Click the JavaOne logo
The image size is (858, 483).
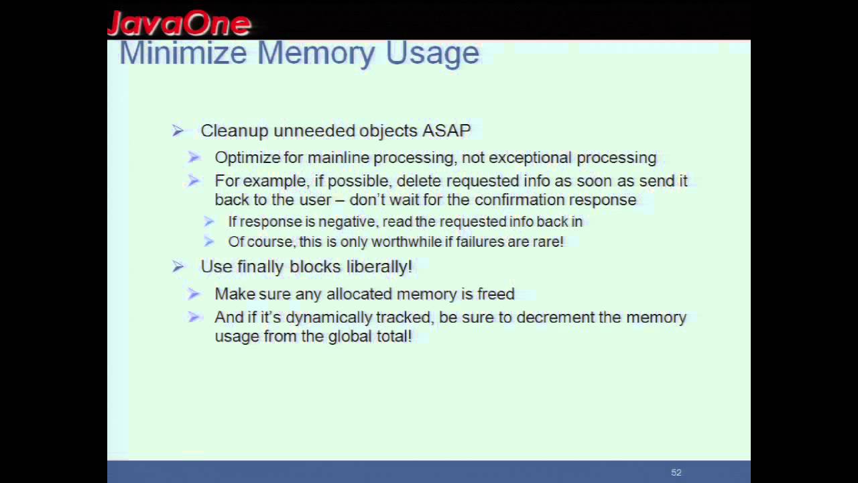tap(179, 23)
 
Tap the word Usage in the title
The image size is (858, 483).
tap(432, 53)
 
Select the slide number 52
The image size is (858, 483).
tap(676, 472)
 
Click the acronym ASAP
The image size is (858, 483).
tap(446, 130)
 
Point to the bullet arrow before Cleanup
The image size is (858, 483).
tap(178, 131)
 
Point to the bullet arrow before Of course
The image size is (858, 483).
tap(209, 241)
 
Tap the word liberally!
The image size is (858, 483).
tap(379, 266)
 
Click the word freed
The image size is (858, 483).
tap(496, 294)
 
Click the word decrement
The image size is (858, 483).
tap(554, 317)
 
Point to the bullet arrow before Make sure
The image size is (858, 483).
tap(194, 294)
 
